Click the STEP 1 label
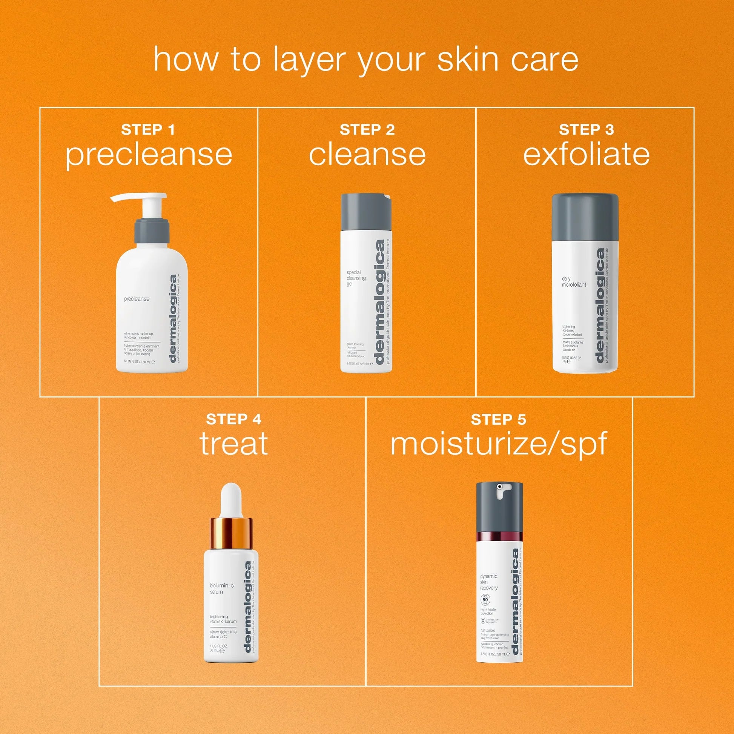(x=148, y=130)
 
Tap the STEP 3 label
(x=586, y=130)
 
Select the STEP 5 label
(x=498, y=419)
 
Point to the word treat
(x=233, y=443)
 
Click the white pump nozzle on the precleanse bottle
(x=139, y=198)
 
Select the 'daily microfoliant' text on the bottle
(x=574, y=281)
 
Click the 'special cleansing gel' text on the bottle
(x=356, y=278)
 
